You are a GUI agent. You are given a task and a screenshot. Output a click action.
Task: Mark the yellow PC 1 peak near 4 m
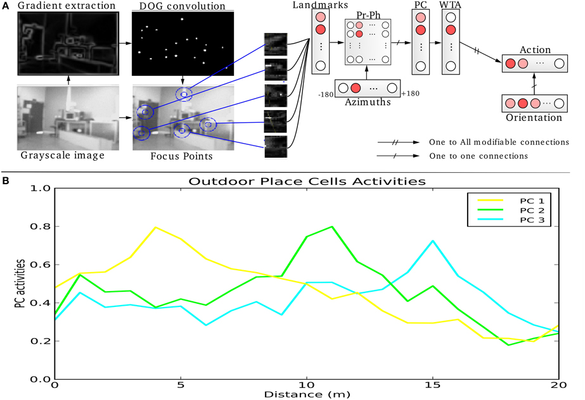coord(155,227)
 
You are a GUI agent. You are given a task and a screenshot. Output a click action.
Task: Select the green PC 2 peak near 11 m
coord(332,227)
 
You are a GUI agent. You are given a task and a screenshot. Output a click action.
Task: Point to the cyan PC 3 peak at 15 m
coord(433,241)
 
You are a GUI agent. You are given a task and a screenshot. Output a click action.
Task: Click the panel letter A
coord(6,6)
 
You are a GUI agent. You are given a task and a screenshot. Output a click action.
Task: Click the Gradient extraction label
coord(63,6)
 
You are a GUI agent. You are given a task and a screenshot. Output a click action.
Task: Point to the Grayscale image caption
coord(61,156)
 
